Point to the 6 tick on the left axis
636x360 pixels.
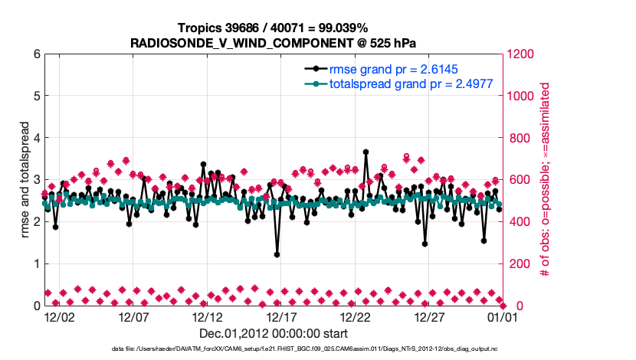[x=37, y=54]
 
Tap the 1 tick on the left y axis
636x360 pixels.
[x=37, y=263]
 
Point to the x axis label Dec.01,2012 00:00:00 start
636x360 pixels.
[x=273, y=333]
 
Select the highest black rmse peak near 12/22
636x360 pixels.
[x=366, y=152]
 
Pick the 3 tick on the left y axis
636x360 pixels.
[x=37, y=180]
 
